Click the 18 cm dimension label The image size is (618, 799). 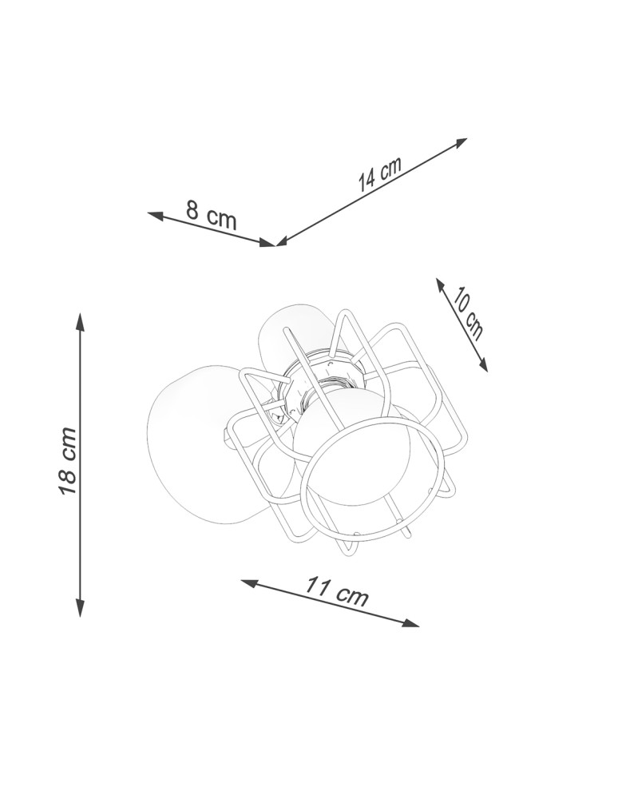point(68,461)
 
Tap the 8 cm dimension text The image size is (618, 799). point(212,214)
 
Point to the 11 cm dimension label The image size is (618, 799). point(336,591)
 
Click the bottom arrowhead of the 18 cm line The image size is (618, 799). point(80,607)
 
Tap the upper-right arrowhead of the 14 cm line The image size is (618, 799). point(460,142)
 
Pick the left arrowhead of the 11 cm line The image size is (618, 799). point(249,583)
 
